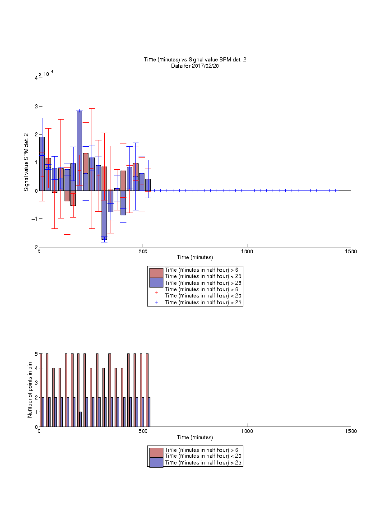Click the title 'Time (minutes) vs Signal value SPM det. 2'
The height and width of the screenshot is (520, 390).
point(195,60)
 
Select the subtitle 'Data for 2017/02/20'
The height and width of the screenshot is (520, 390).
point(195,65)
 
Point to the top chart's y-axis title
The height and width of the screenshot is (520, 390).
point(26,162)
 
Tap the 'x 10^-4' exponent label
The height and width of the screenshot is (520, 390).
point(46,73)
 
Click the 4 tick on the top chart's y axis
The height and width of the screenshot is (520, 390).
point(36,78)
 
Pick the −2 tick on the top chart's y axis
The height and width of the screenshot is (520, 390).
point(34,247)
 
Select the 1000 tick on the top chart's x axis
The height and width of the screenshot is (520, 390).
point(247,251)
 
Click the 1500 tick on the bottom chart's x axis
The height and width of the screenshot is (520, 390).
point(351,431)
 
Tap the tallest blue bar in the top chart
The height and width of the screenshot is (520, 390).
point(79,151)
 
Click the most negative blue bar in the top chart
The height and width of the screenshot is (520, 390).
point(104,215)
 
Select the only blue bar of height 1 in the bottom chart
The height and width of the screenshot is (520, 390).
point(80,419)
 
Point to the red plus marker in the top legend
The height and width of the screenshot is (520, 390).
point(157,292)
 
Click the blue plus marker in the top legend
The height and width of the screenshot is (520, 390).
point(157,302)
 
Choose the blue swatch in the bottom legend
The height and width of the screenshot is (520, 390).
point(156,462)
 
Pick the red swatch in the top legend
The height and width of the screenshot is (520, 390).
point(156,273)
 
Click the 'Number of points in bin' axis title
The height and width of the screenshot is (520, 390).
point(30,390)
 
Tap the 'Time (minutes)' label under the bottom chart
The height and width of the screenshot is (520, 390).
point(195,437)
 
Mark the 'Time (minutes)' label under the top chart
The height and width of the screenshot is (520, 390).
point(195,257)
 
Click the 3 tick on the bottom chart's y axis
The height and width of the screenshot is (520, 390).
point(36,383)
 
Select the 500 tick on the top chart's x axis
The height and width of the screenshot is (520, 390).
point(143,251)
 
